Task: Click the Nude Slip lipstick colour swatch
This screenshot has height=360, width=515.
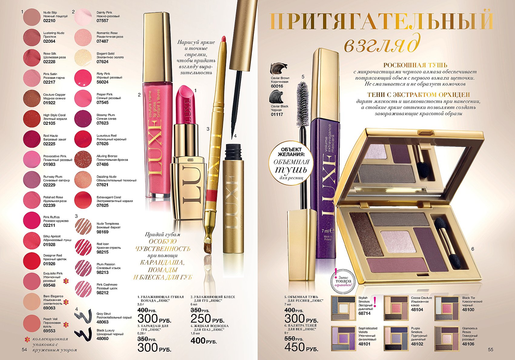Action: (x=32, y=17)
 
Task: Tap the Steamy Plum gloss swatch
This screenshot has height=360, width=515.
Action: (x=83, y=119)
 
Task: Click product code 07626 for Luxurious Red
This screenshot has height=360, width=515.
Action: (x=102, y=144)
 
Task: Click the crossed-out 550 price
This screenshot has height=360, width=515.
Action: (x=291, y=339)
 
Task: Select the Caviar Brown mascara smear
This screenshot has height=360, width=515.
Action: (x=279, y=68)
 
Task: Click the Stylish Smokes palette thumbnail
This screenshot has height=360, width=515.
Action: (x=343, y=308)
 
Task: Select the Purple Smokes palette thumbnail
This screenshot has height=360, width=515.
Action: (x=396, y=338)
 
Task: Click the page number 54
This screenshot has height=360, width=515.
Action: (x=24, y=349)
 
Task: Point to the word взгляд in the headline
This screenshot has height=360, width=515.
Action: (x=380, y=45)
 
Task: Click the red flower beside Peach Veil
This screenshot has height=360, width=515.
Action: (x=66, y=325)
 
